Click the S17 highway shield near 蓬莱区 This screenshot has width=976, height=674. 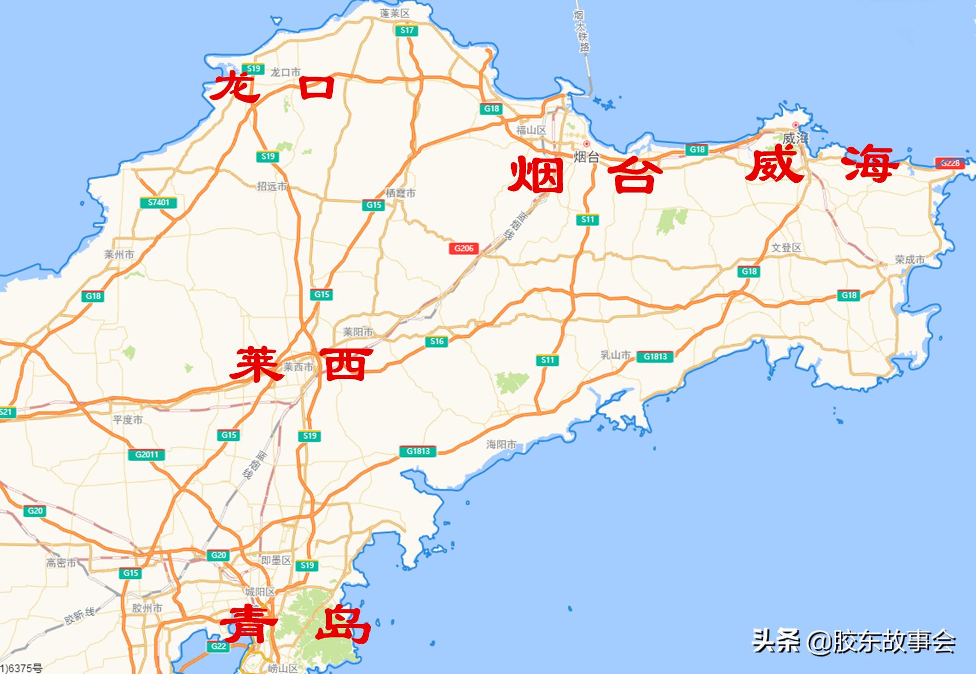click(x=406, y=30)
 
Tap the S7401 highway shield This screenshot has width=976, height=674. click(x=158, y=203)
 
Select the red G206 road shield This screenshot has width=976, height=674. click(x=464, y=248)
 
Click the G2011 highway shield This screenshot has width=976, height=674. click(x=146, y=455)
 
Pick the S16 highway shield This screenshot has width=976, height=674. click(x=437, y=341)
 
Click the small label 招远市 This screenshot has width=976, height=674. click(x=272, y=186)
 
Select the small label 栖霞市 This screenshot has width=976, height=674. click(x=401, y=193)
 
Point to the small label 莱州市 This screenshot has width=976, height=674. click(x=119, y=255)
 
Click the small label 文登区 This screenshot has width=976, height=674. click(x=786, y=248)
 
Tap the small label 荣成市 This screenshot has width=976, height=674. click(x=909, y=260)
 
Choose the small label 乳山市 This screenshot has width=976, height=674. click(x=615, y=355)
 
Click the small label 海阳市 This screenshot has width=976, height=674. click(x=501, y=445)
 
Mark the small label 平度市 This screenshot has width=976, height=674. click(x=127, y=420)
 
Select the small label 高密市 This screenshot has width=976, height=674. click(x=61, y=563)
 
